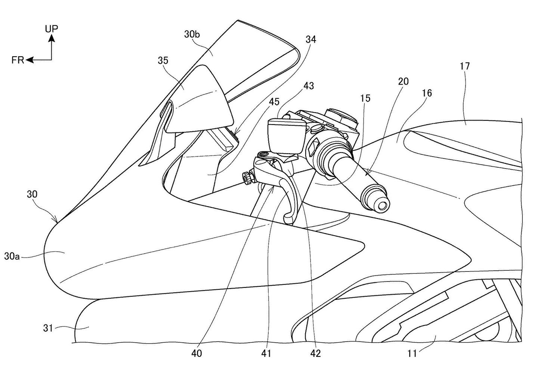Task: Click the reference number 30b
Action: coord(192,35)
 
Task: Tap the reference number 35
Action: coord(163,61)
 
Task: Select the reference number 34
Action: coord(310,40)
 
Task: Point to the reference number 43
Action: coord(309,86)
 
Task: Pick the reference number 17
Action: coord(465,66)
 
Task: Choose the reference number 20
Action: coord(403,81)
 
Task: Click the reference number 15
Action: coord(365,98)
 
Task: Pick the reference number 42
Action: coord(316,353)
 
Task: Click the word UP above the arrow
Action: coord(52,29)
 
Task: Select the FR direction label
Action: coord(17,60)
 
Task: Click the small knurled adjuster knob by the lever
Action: coord(247,178)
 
